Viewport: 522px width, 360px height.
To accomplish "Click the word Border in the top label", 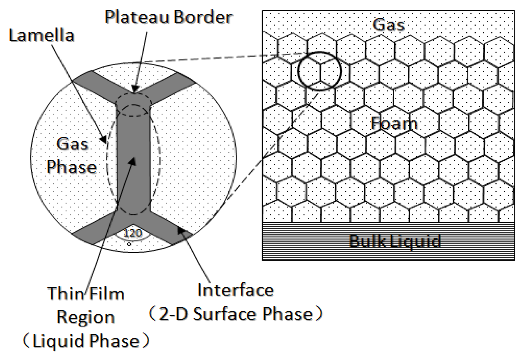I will coord(203,17).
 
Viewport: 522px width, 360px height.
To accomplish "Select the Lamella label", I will coord(41,36).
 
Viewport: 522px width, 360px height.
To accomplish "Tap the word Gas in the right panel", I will coord(388,24).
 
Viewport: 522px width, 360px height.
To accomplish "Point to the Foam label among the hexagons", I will coord(394,124).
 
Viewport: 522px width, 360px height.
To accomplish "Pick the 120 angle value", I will coord(132,233).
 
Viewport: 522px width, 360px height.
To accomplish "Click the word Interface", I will coord(236,290).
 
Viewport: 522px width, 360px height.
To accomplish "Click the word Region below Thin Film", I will coord(86,317).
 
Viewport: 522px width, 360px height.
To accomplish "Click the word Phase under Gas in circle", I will coord(71,167).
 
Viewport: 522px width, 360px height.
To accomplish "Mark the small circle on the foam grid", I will coord(319,71).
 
